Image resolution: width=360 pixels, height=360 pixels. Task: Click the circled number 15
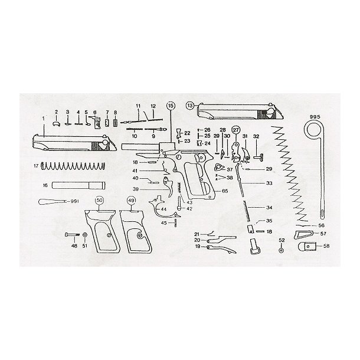tap(171, 106)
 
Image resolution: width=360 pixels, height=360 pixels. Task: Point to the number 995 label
tap(314, 117)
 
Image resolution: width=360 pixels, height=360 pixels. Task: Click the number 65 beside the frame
tap(225, 192)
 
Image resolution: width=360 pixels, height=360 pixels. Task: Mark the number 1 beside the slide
tap(42, 117)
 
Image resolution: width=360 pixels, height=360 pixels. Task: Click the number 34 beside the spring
tap(269, 208)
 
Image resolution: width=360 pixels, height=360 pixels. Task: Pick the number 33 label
tap(269, 184)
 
